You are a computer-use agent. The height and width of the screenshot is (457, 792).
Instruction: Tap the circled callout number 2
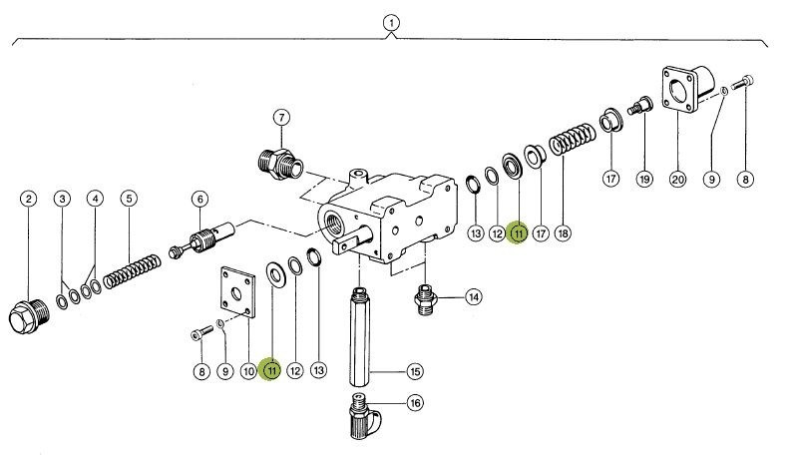coord(29,199)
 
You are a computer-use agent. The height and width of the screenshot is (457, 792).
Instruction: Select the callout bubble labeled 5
coord(128,199)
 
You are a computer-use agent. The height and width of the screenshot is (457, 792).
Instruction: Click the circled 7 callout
coord(281,117)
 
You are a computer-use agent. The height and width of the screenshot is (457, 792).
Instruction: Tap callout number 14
coord(472,296)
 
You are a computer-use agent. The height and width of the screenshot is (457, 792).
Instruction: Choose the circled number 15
coord(414,371)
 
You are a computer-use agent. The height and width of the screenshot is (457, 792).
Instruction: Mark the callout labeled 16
coord(414,403)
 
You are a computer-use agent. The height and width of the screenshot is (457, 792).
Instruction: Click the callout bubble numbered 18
coord(564,233)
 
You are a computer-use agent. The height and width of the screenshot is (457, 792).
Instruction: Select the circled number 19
coord(644,180)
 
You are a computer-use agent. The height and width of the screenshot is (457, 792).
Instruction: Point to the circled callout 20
coord(677,180)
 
